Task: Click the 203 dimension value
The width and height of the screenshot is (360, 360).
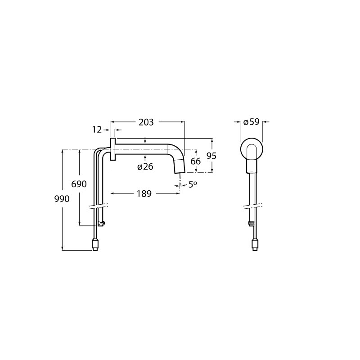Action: pyautogui.click(x=146, y=122)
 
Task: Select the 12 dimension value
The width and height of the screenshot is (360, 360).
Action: pyautogui.click(x=97, y=130)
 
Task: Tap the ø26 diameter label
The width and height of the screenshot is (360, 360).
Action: pyautogui.click(x=145, y=166)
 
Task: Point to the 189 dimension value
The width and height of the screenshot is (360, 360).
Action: pyautogui.click(x=144, y=194)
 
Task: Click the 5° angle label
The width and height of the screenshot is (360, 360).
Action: pyautogui.click(x=193, y=184)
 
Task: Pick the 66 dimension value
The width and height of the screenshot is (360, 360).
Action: pyautogui.click(x=196, y=162)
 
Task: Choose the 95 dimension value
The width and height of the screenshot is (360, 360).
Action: pyautogui.click(x=211, y=156)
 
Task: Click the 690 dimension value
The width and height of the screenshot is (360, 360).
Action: pyautogui.click(x=79, y=184)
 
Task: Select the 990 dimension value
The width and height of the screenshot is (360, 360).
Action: pyautogui.click(x=62, y=199)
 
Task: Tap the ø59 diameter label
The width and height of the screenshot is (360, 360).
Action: pyautogui.click(x=252, y=122)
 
